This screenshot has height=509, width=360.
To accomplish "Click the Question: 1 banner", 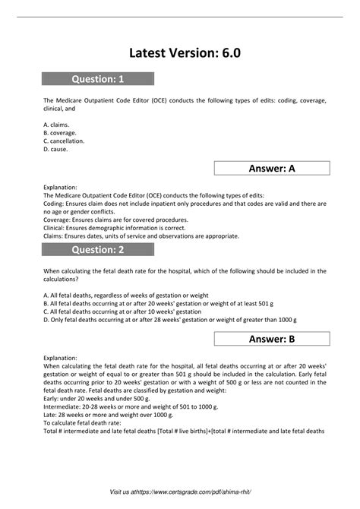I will click(x=97, y=78).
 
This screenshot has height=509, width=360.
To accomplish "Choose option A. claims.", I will click(x=56, y=124).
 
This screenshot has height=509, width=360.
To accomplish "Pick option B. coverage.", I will click(x=60, y=132).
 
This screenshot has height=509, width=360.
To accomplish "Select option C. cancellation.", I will click(x=65, y=141).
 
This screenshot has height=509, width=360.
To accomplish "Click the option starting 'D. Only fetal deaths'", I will click(x=168, y=319).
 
